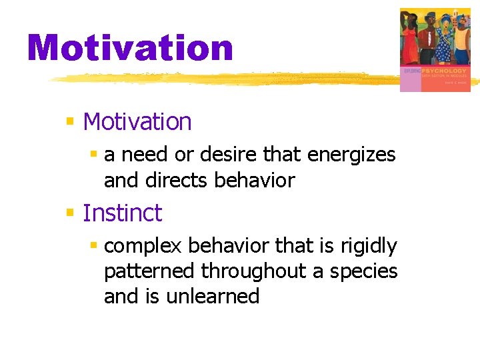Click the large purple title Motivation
pyautogui.click(x=130, y=48)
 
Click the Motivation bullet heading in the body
pyautogui.click(x=137, y=122)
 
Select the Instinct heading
pyautogui.click(x=122, y=213)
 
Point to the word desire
pyautogui.click(x=231, y=155)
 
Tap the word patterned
pyautogui.click(x=150, y=271)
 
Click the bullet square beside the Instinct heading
pyautogui.click(x=69, y=213)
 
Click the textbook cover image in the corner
pyautogui.click(x=435, y=49)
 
